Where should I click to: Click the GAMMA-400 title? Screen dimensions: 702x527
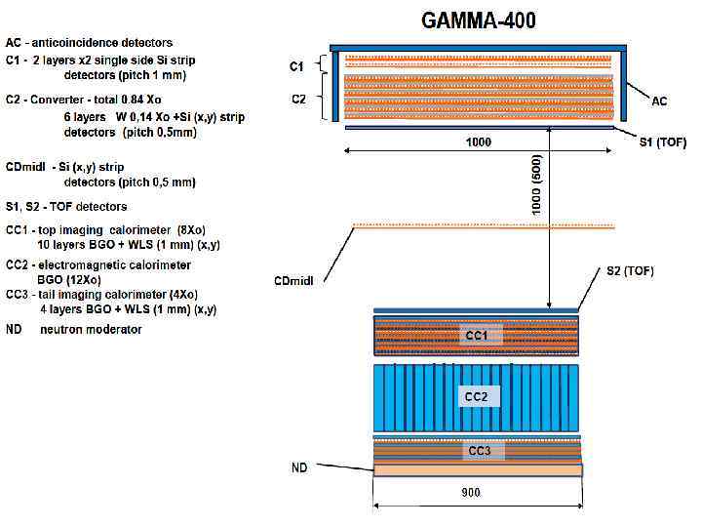coord(478,20)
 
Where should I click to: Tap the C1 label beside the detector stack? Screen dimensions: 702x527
coord(296,66)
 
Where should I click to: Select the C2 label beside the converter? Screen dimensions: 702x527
coord(298,99)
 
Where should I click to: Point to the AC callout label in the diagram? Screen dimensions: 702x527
coord(660,101)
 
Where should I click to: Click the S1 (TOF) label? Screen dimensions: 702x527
coord(662,142)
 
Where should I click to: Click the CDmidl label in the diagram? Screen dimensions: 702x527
coord(292,281)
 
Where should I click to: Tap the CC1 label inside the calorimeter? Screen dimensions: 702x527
coord(476,336)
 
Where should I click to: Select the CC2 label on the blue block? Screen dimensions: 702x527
coord(476,397)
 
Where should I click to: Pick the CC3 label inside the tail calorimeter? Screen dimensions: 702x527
coord(479,451)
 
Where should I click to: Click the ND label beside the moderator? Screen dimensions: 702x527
coord(299,468)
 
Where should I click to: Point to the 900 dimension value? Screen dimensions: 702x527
coord(471,493)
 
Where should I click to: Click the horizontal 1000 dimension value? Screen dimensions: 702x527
coord(479,142)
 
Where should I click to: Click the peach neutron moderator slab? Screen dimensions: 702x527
coord(478,470)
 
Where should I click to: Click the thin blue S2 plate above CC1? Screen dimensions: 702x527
coord(477,311)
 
